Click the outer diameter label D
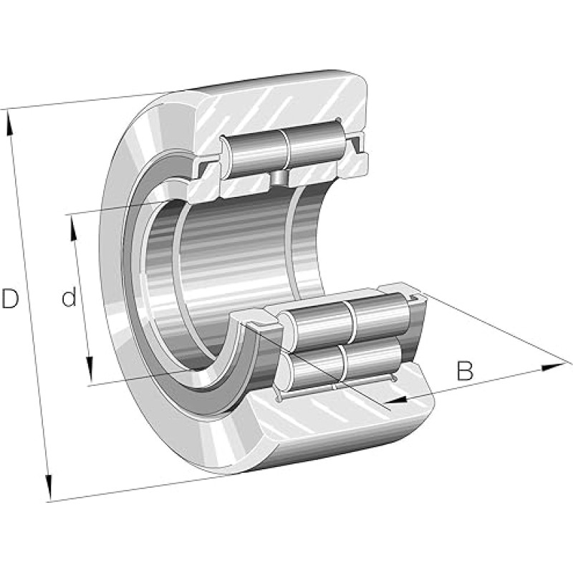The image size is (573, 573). coord(10,299)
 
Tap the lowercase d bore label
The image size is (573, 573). coord(68,297)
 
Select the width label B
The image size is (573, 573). coord(466,371)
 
